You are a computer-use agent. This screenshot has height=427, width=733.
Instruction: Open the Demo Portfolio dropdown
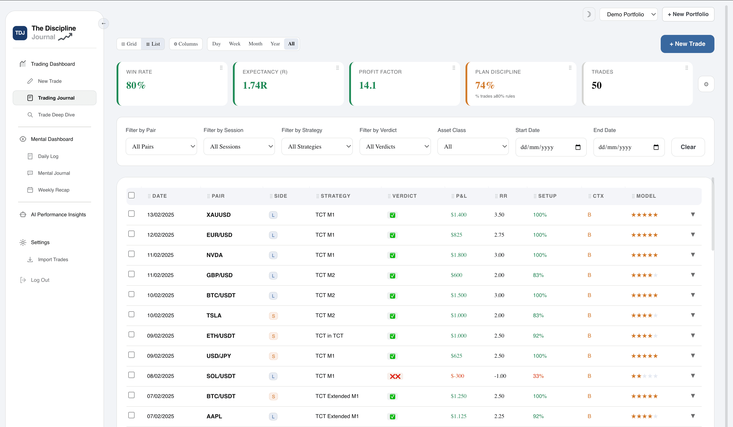(x=628, y=14)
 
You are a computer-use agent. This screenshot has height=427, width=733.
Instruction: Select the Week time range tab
(x=234, y=44)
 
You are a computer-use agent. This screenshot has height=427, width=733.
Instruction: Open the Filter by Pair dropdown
(x=161, y=146)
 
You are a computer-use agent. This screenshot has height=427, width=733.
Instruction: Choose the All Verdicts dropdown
(x=395, y=146)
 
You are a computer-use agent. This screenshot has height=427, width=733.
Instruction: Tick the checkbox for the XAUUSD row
(x=132, y=214)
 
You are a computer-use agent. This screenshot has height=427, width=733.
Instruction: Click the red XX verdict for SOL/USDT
(x=395, y=376)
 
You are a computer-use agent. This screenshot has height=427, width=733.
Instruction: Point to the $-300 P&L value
(x=457, y=376)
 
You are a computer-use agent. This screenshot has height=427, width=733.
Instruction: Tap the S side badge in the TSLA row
(x=273, y=316)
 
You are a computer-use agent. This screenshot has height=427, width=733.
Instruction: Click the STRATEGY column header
(x=335, y=196)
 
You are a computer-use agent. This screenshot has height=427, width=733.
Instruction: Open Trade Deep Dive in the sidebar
(x=56, y=115)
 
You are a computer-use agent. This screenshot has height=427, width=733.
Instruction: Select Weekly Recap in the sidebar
(x=53, y=190)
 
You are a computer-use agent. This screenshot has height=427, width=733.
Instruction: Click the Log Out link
(x=40, y=280)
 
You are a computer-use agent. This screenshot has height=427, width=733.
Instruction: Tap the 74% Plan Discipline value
(x=485, y=85)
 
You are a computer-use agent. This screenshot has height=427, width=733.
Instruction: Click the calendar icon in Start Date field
(x=578, y=147)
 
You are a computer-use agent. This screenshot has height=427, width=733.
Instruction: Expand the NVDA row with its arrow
(x=693, y=255)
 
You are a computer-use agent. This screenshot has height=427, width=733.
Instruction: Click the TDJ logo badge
(x=20, y=33)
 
